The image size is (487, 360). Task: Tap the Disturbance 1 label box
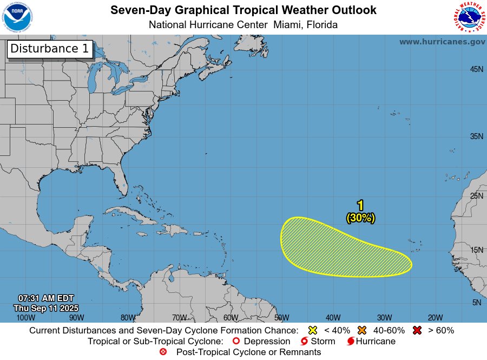(x=50, y=49)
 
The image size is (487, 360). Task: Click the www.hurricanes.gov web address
(x=442, y=42)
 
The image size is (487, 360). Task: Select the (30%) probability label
(x=360, y=218)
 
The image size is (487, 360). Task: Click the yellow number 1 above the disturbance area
(x=360, y=205)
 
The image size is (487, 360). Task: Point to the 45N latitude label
(x=476, y=69)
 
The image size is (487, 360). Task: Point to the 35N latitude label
(x=476, y=136)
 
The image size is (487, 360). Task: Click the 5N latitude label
(x=476, y=303)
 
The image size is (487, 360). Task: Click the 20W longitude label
(x=435, y=317)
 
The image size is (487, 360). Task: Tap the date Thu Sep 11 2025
(x=46, y=307)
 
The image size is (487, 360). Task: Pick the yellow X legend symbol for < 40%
(x=312, y=330)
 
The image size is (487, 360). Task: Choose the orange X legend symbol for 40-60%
(x=362, y=330)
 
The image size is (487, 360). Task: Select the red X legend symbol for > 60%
(x=417, y=330)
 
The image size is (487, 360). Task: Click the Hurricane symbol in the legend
(x=351, y=341)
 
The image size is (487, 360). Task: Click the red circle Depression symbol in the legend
(x=235, y=341)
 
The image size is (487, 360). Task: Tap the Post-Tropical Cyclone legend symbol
(x=163, y=352)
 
